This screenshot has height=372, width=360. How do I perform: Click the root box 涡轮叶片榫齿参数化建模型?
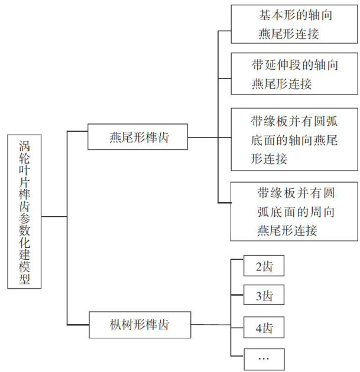click(x=25, y=211)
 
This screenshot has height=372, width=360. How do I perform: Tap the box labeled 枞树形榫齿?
click(x=140, y=324)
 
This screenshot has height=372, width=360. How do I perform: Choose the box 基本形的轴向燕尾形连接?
click(x=294, y=24)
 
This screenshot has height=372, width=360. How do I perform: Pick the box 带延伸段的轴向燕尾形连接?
click(x=294, y=73)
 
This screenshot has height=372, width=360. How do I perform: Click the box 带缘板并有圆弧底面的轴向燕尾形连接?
click(x=294, y=139)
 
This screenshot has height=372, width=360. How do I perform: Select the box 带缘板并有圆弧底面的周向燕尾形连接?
click(x=294, y=211)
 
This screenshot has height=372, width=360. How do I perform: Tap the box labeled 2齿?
click(x=264, y=266)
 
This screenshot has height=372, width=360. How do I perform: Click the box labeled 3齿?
click(x=264, y=295)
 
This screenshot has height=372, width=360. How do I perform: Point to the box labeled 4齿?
click(x=264, y=327)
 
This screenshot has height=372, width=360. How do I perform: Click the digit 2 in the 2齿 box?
click(x=258, y=267)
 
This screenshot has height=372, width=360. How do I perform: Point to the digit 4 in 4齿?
click(x=258, y=327)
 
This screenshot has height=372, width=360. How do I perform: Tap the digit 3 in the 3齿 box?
click(x=258, y=295)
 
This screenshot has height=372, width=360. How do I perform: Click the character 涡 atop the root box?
click(x=25, y=145)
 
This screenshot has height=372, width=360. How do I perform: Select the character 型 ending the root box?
click(x=25, y=279)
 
